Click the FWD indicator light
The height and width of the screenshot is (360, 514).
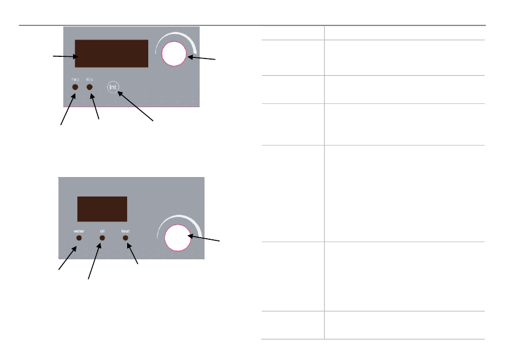click(75, 87)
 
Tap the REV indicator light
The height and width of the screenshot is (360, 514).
click(89, 87)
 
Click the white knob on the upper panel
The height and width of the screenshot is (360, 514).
click(173, 54)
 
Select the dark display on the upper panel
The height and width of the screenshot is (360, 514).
click(111, 53)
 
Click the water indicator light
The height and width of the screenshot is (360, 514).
click(79, 238)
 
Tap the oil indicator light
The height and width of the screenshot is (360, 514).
click(102, 238)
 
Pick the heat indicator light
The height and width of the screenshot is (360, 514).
click(125, 238)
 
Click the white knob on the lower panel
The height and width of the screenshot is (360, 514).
click(177, 238)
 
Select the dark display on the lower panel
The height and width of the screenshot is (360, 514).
click(102, 209)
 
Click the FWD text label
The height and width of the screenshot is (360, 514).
click(75, 80)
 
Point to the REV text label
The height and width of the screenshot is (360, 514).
click(90, 80)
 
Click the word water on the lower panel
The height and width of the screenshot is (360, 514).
click(79, 231)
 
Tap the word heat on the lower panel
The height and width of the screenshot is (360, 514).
click(125, 231)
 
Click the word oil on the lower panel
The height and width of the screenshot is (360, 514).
click(102, 231)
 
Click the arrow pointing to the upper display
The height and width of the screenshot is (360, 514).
click(63, 56)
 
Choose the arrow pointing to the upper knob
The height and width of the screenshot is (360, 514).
click(201, 58)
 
